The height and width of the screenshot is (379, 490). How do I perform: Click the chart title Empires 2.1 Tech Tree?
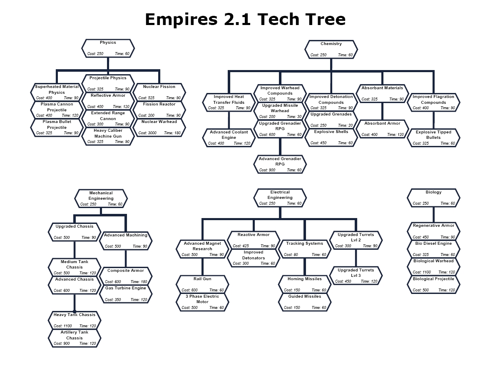[x=245, y=20]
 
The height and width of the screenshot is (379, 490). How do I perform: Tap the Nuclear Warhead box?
[x=159, y=128]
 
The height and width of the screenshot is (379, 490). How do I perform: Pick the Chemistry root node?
[x=331, y=49]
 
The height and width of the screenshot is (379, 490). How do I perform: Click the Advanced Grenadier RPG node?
[x=280, y=164]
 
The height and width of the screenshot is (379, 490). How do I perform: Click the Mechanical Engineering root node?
[x=101, y=198]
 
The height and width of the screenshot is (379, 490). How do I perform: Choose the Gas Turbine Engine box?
[x=125, y=294]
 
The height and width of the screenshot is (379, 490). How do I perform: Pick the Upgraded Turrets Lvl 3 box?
[x=356, y=276]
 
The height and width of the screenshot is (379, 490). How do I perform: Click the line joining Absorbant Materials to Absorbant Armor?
[x=382, y=111]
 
